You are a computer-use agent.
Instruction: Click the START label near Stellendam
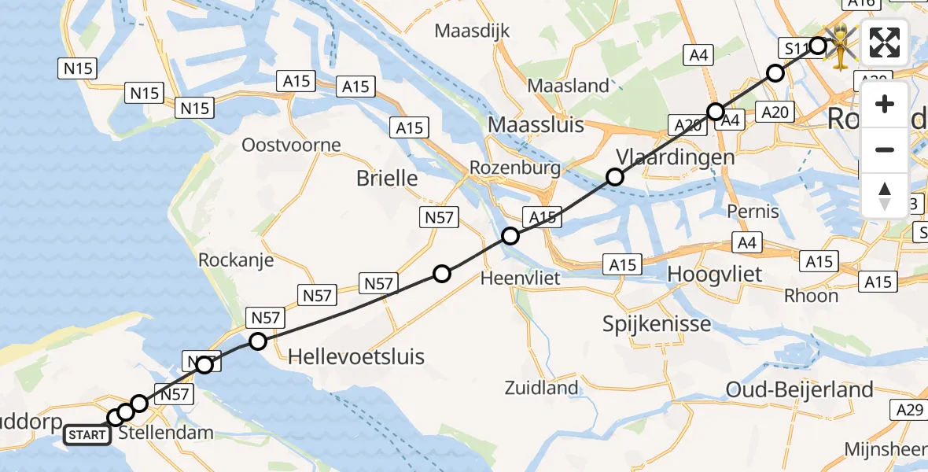87,434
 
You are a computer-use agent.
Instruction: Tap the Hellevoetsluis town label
356,356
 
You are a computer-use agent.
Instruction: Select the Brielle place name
387,178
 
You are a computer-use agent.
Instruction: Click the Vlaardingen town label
676,157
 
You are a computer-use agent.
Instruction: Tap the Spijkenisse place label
657,323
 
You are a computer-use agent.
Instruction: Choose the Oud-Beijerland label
800,389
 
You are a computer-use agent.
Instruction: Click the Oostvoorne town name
291,145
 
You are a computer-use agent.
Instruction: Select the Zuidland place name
543,387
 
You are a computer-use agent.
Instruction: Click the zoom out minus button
885,149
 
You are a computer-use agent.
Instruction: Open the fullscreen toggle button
885,42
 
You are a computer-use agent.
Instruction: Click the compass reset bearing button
885,195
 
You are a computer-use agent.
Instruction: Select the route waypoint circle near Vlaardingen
615,177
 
